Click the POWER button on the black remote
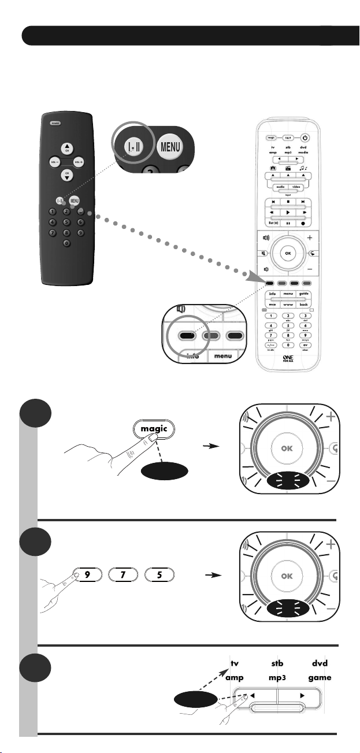click(55, 123)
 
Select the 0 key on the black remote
click(66, 243)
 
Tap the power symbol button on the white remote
click(305, 138)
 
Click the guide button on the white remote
click(305, 295)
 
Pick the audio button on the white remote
click(280, 187)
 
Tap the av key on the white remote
click(305, 345)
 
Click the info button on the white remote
click(272, 295)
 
